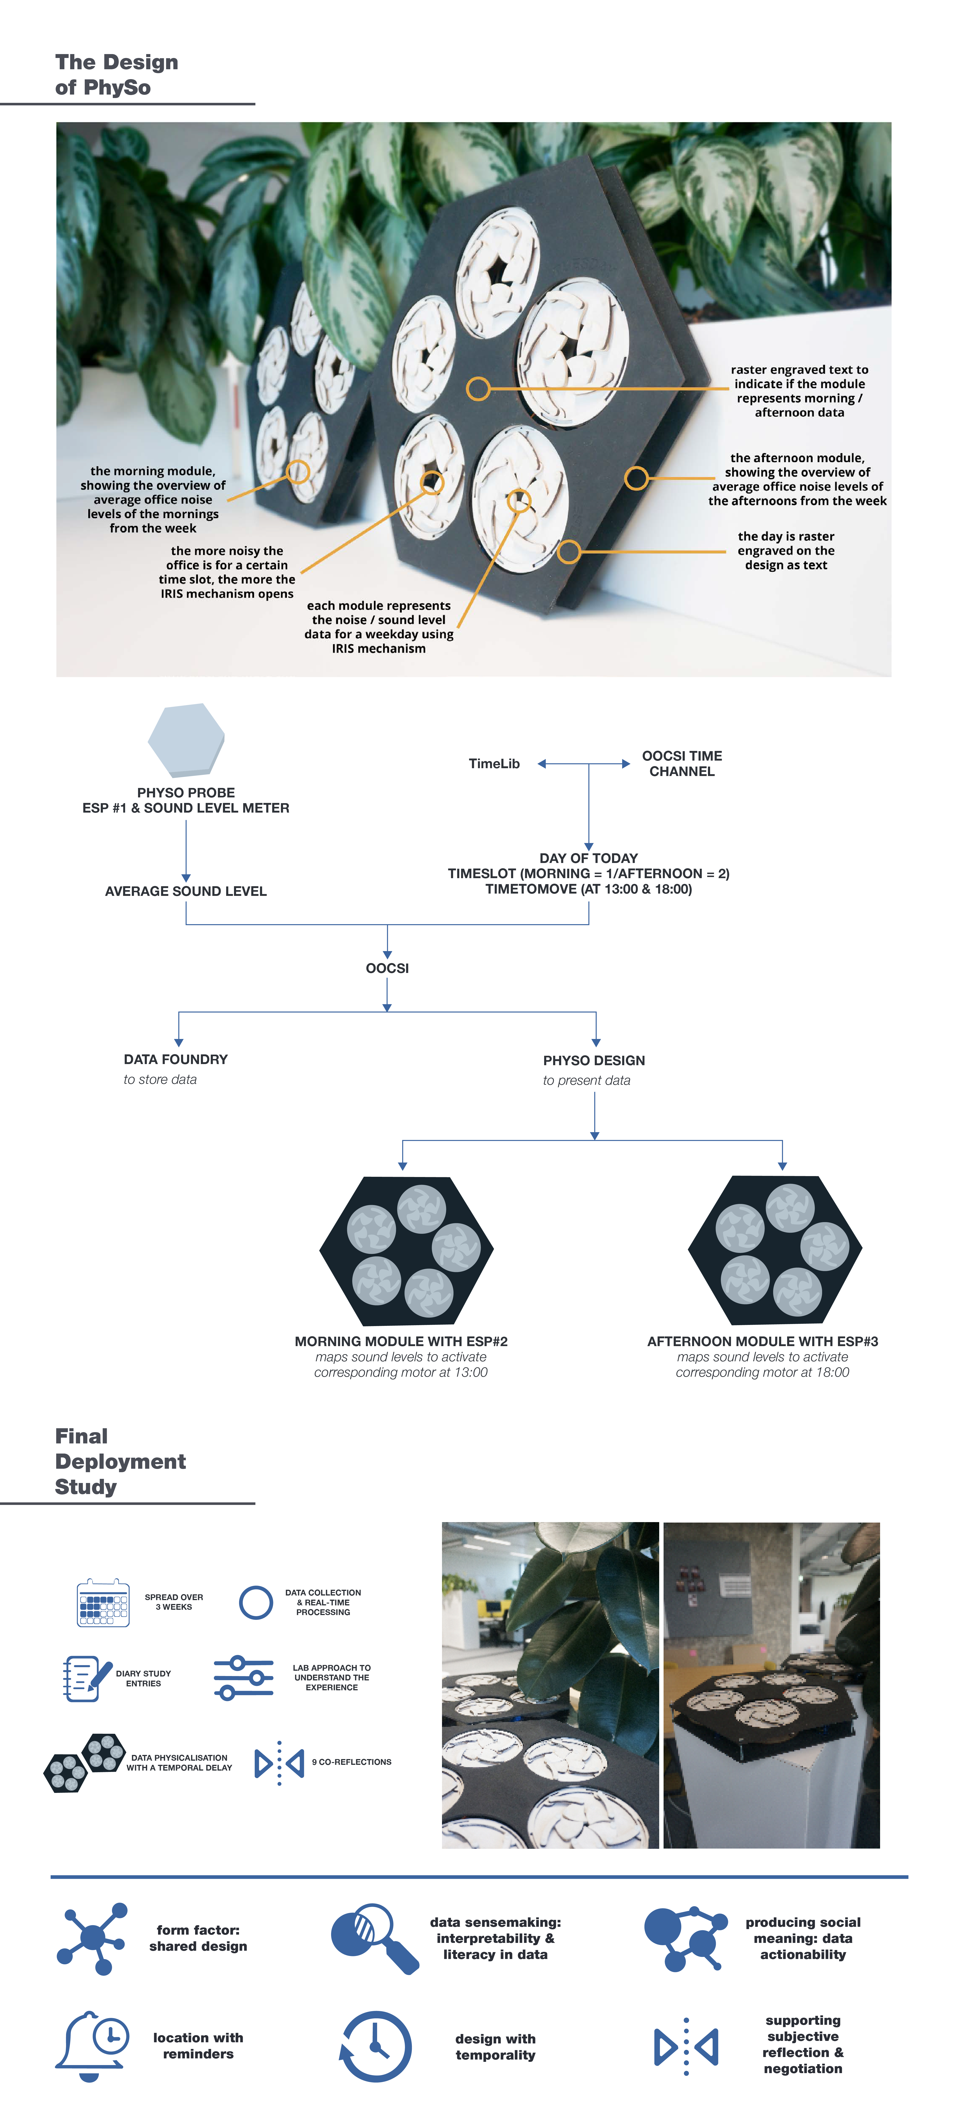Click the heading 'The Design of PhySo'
116,75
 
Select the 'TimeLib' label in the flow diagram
494,764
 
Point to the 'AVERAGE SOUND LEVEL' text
186,891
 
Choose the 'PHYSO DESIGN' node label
594,1060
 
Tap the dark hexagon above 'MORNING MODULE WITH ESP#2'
406,1250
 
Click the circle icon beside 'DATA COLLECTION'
256,1602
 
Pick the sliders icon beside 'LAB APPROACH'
243,1678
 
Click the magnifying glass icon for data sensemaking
374,1938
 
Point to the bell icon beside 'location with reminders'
92,2045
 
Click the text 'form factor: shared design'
198,1938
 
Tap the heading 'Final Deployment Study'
120,1461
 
